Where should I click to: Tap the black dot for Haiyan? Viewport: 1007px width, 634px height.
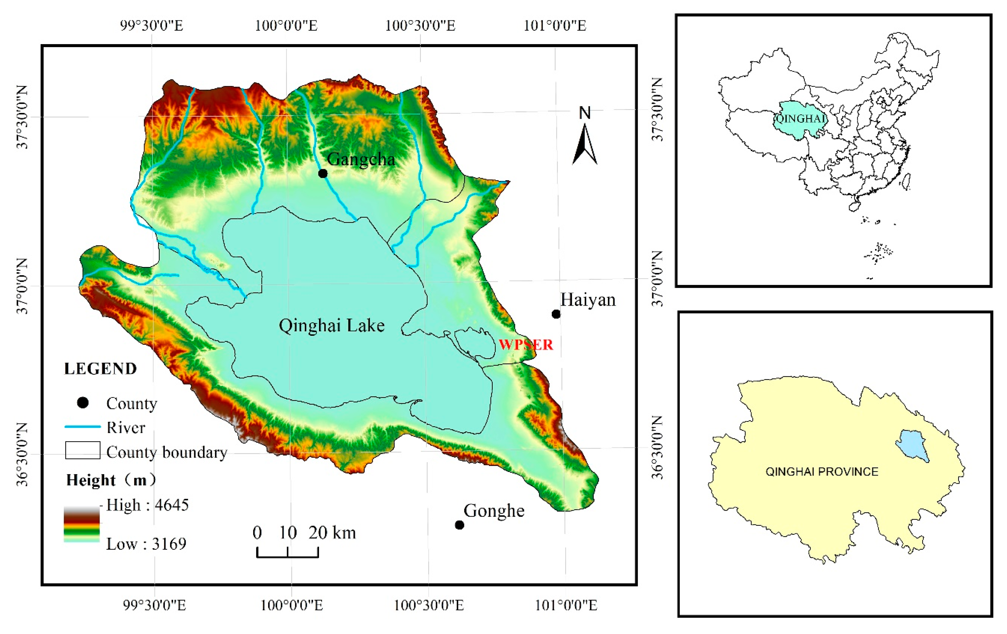(556, 314)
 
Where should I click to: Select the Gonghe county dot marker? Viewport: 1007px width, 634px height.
(459, 525)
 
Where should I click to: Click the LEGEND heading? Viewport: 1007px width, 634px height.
(100, 369)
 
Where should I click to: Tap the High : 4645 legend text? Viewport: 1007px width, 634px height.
(147, 505)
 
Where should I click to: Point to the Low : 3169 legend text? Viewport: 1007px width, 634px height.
(146, 544)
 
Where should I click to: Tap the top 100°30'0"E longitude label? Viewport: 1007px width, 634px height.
(420, 26)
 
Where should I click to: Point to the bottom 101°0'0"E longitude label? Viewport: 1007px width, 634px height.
(566, 605)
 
